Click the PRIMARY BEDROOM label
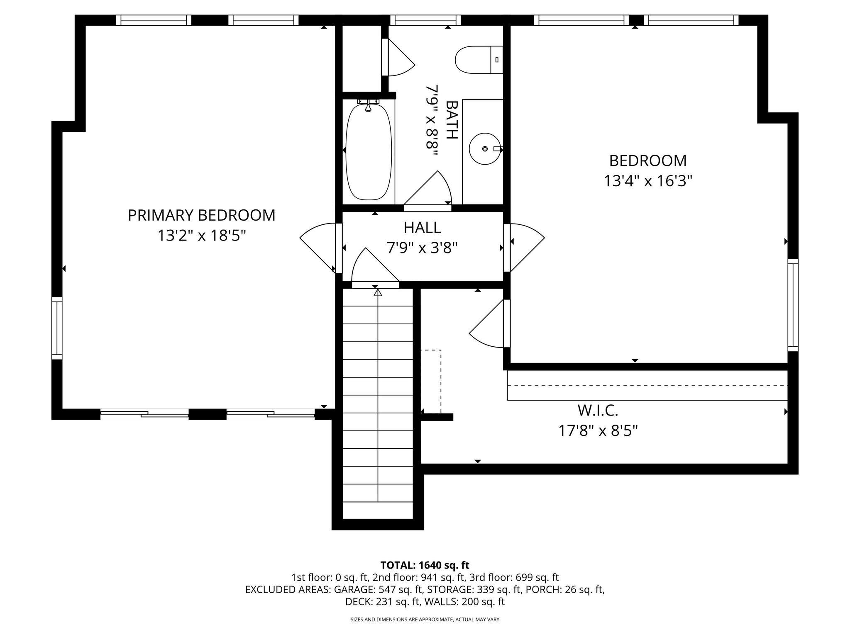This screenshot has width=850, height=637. pos(201,215)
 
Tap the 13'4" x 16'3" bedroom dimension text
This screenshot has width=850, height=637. pos(648,181)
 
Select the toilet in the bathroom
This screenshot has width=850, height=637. pos(477,60)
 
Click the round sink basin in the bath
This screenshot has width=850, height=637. pos(484,148)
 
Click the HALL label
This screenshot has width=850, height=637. pos(422,228)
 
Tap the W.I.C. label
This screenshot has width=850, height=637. pos(598,411)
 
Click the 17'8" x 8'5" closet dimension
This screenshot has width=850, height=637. pos(598,431)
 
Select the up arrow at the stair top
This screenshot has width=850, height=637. pos(378,293)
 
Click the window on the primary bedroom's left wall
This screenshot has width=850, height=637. pos(57,328)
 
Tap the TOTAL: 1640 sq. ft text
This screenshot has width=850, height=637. pos(425,565)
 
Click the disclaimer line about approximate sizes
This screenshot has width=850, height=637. pos(425,620)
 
